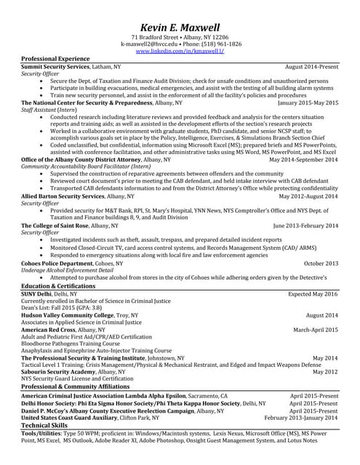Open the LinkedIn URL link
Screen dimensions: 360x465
[x=180, y=52]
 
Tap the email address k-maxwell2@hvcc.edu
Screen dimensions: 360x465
[x=147, y=44]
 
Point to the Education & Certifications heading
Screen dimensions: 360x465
[x=57, y=286]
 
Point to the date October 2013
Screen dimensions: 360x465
[x=321, y=262]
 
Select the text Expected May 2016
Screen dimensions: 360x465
[x=313, y=294]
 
